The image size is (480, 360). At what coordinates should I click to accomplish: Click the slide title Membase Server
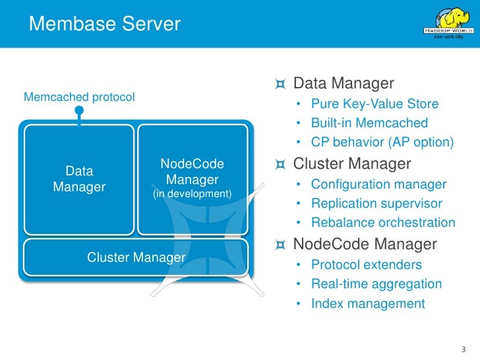[x=105, y=24]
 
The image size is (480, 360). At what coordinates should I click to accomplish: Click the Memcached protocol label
[x=79, y=97]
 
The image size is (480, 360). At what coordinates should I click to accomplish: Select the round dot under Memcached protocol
[x=79, y=110]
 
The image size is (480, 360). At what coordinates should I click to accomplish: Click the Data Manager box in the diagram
[x=79, y=180]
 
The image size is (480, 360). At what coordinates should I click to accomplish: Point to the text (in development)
[x=193, y=193]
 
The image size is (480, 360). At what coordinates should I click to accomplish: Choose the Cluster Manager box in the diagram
[x=136, y=257]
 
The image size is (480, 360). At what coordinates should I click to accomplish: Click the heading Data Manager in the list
[x=344, y=83]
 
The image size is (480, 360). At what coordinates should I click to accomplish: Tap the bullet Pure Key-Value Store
[x=375, y=104]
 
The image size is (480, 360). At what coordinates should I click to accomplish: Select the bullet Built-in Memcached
[x=369, y=123]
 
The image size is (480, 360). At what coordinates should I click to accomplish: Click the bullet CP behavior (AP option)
[x=382, y=142]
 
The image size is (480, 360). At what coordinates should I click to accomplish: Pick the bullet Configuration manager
[x=378, y=185]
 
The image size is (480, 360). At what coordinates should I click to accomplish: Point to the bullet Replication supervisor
[x=377, y=203]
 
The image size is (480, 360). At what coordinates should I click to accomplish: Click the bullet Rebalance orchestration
[x=383, y=223]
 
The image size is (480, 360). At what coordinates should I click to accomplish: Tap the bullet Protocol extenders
[x=367, y=265]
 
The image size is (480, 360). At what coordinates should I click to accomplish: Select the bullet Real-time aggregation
[x=376, y=284]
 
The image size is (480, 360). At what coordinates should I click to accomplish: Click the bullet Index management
[x=368, y=304]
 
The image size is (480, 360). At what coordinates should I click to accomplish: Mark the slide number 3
[x=464, y=349]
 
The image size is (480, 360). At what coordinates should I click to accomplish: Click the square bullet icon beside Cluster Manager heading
[x=280, y=164]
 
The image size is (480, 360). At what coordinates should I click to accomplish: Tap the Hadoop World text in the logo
[x=448, y=30]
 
